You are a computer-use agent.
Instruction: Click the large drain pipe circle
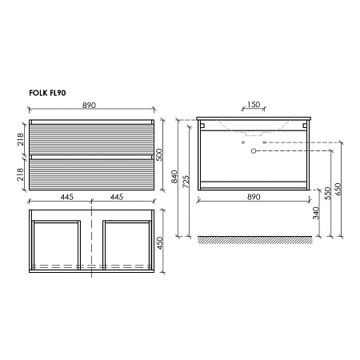(x=254, y=150)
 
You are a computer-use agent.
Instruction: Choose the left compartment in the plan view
(x=56, y=243)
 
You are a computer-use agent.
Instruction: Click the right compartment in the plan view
(x=126, y=243)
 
